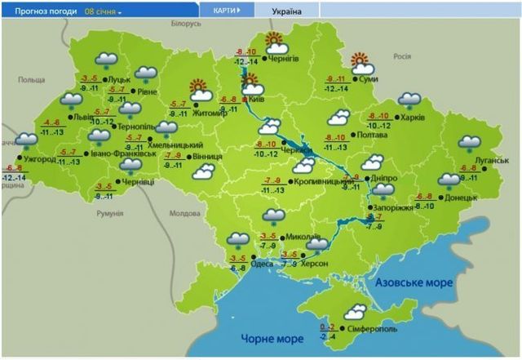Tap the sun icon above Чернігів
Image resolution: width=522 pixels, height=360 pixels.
point(274,40)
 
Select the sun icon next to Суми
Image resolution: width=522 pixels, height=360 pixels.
point(360,60)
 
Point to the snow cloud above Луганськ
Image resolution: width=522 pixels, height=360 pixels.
point(470,144)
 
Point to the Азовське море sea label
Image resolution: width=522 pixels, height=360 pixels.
point(415,282)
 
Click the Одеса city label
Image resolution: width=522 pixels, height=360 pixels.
point(263,264)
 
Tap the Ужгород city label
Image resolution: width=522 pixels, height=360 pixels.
point(39,160)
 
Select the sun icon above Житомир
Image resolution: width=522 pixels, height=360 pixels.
point(197,87)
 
